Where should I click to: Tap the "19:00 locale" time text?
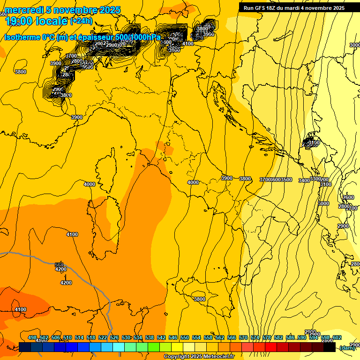36,21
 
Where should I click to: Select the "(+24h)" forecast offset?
81,21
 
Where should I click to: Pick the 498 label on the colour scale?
32,338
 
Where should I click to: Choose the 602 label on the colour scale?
337,338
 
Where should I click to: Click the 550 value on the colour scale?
184,338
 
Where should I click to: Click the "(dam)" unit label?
347,347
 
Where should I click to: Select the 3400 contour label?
304,180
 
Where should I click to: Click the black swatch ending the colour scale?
330,347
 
